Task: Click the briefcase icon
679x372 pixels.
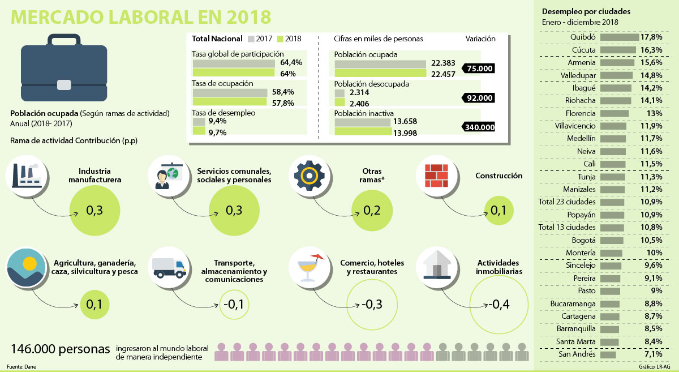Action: click(63, 66)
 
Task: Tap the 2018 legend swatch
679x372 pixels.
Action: click(281, 39)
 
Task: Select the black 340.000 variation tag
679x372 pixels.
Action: click(479, 127)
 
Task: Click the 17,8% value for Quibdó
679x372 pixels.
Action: click(651, 37)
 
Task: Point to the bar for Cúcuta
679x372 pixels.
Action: click(618, 50)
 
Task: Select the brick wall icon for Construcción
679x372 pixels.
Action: click(436, 176)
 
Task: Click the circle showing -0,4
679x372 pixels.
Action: click(498, 305)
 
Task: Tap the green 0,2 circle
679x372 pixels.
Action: click(372, 211)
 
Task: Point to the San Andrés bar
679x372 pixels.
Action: click(608, 354)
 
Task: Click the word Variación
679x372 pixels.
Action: click(480, 39)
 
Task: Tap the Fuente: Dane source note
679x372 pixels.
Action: click(20, 366)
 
